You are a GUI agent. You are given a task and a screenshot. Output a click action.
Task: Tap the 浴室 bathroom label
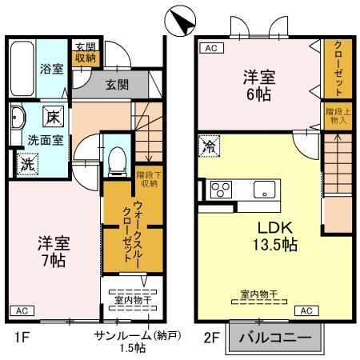click(x=52, y=70)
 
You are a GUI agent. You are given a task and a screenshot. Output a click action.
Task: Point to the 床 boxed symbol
click(x=52, y=116)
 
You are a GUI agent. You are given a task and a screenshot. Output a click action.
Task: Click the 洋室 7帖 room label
click(x=53, y=250)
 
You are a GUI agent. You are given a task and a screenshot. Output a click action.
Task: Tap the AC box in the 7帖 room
click(x=22, y=310)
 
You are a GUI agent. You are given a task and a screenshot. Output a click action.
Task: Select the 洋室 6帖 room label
click(x=260, y=86)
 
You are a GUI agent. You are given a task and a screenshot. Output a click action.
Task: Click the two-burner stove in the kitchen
click(x=220, y=190)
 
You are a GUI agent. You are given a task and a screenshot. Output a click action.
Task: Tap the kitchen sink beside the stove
click(x=263, y=190)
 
